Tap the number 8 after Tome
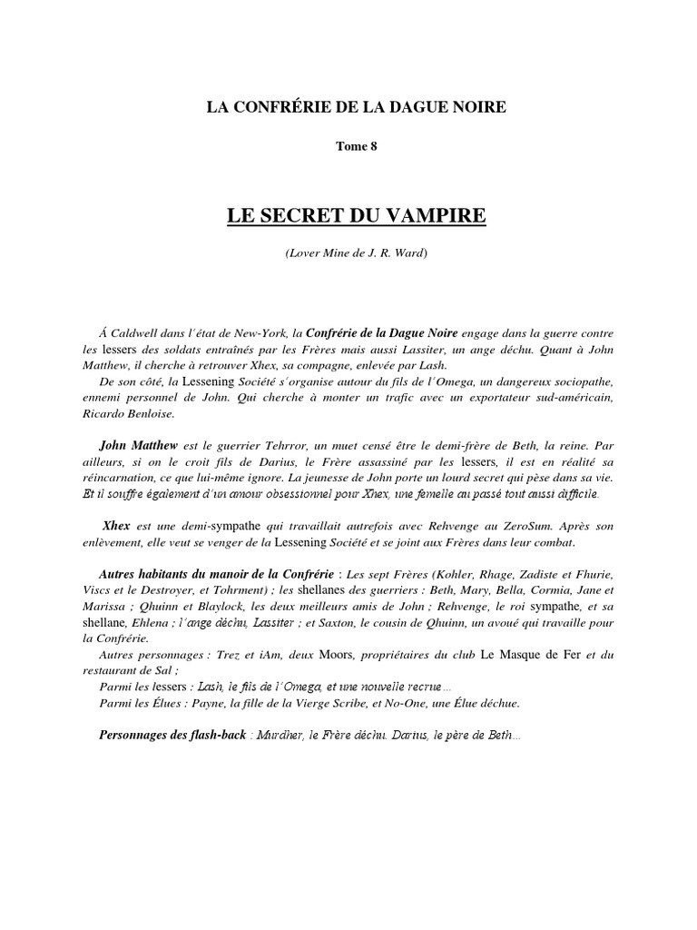pos(372,148)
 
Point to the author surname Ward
pos(408,252)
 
